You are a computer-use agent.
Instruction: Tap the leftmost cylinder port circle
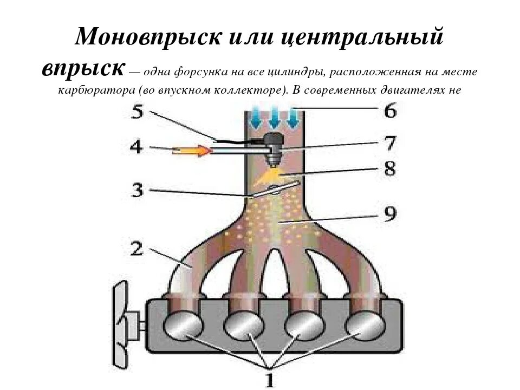(x=185, y=326)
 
